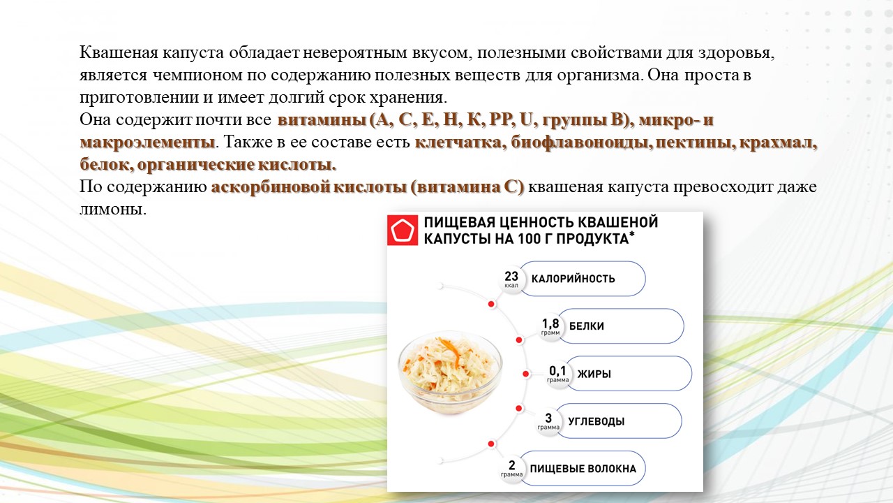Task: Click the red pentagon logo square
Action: (x=403, y=231)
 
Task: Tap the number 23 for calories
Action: (x=511, y=276)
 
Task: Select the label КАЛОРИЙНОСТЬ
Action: (x=573, y=278)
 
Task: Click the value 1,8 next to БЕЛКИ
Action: (x=550, y=323)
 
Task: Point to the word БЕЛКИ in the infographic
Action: (x=587, y=326)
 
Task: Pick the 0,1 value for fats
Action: (x=557, y=371)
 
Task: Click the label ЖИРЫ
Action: (x=594, y=374)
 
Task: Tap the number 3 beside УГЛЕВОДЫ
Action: (x=548, y=418)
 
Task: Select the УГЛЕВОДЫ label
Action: (x=596, y=421)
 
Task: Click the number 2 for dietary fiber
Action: (x=511, y=465)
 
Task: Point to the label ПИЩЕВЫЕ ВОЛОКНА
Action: (x=583, y=469)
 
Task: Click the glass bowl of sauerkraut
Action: (x=450, y=371)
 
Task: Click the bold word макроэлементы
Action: (x=147, y=142)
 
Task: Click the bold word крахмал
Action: (x=776, y=142)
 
